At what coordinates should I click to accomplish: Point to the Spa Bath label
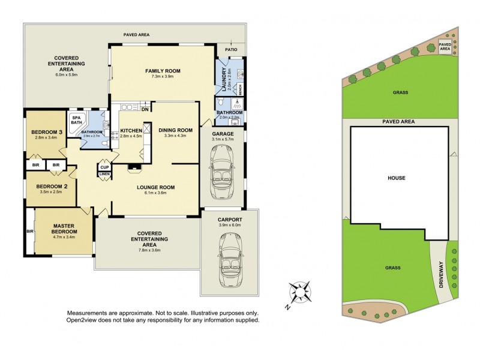[x=77, y=121]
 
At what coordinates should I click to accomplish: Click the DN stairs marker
[x=145, y=109]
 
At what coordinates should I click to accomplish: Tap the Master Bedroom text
[x=64, y=229]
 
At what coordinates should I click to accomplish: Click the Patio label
[x=230, y=50]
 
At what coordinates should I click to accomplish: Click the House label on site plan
[x=397, y=178]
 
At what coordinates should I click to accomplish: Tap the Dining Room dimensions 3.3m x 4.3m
[x=175, y=136]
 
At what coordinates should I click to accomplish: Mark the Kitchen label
[x=131, y=130]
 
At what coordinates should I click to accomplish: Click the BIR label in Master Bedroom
[x=29, y=230]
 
